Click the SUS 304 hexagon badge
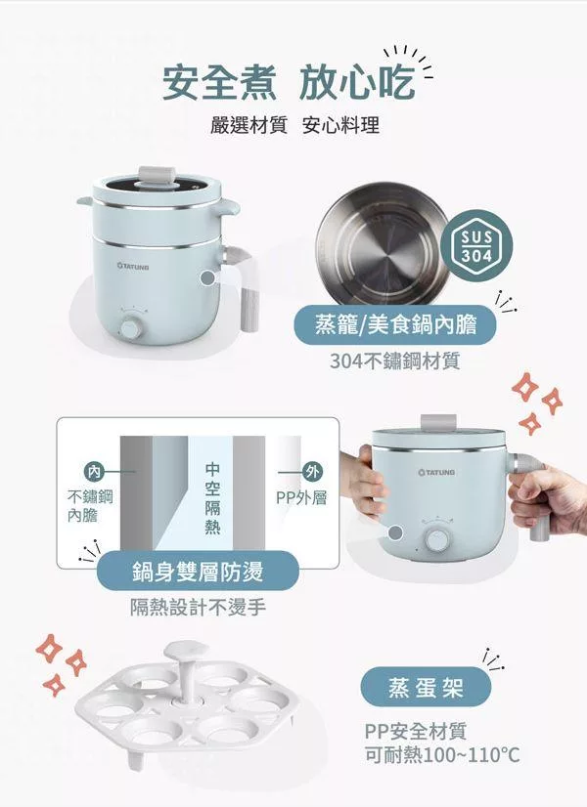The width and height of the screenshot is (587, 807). (476, 245)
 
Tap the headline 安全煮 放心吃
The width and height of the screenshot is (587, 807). (290, 82)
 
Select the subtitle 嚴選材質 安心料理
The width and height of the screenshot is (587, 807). (294, 125)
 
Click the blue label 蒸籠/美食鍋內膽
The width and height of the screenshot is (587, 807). (395, 324)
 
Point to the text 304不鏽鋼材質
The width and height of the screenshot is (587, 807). (395, 361)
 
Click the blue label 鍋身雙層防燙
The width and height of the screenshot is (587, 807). (199, 571)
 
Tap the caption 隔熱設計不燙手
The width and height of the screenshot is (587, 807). (198, 608)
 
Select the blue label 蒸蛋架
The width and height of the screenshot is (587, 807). (426, 687)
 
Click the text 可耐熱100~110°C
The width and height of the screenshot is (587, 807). (442, 755)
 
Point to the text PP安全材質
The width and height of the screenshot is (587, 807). (416, 731)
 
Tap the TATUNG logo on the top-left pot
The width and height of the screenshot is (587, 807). (133, 267)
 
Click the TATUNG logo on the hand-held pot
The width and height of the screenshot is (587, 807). (437, 472)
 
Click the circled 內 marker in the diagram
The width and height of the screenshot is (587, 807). (94, 471)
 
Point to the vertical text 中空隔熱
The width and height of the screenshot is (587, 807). (212, 498)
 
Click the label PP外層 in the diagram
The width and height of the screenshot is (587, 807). (301, 497)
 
